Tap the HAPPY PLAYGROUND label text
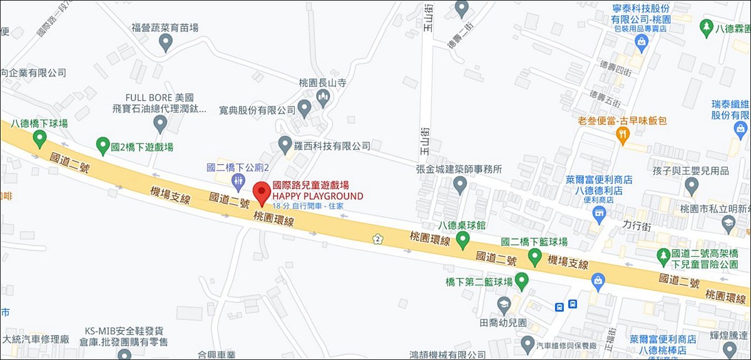(317, 196)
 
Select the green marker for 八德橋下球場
(40, 138)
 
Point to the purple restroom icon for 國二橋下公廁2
(238, 182)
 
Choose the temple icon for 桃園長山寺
(324, 96)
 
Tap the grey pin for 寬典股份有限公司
(305, 109)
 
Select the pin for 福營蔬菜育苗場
(166, 42)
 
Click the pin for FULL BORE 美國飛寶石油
(160, 124)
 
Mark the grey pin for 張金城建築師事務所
(460, 184)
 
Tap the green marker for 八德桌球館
(462, 239)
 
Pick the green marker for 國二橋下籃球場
(534, 255)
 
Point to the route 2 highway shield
(377, 238)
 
